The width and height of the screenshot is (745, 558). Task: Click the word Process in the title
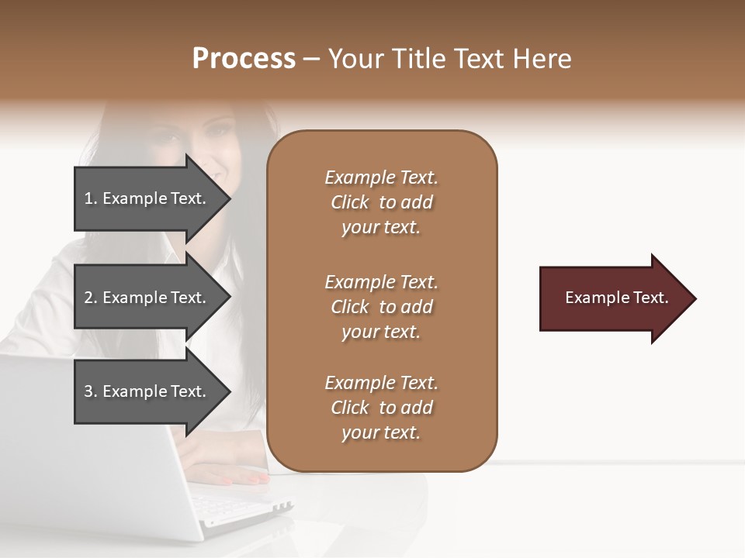click(x=244, y=59)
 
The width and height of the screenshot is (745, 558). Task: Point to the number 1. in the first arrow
click(x=91, y=198)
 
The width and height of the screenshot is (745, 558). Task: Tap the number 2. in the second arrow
click(x=91, y=298)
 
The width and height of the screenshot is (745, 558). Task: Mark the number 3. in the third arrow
click(x=91, y=391)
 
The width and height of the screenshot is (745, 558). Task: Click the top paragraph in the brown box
click(x=381, y=202)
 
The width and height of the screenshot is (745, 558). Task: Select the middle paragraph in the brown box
click(x=381, y=307)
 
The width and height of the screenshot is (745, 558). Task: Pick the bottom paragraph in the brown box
click(x=381, y=408)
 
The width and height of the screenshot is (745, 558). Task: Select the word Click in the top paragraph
click(x=350, y=202)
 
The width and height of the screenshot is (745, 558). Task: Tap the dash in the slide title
click(x=312, y=59)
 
